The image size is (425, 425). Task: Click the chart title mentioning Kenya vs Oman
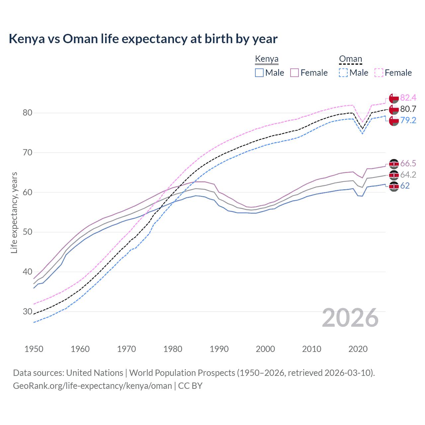pyautogui.click(x=143, y=39)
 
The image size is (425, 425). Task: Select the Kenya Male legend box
pyautogui.click(x=259, y=73)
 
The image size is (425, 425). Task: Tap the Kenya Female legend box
pyautogui.click(x=295, y=73)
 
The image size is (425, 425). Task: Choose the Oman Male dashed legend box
pyautogui.click(x=343, y=73)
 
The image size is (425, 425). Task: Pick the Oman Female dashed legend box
pyautogui.click(x=379, y=73)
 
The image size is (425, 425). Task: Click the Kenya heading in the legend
pyautogui.click(x=267, y=59)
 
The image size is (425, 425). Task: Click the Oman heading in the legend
pyautogui.click(x=350, y=59)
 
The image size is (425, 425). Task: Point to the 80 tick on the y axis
pyautogui.click(x=28, y=113)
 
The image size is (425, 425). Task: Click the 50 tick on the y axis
pyautogui.click(x=28, y=232)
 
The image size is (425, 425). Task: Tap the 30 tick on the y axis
pyautogui.click(x=28, y=312)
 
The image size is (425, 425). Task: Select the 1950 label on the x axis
pyautogui.click(x=34, y=349)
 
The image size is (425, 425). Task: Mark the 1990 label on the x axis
pyautogui.click(x=219, y=349)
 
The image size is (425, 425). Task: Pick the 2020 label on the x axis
pyautogui.click(x=358, y=349)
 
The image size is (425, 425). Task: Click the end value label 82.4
pyautogui.click(x=408, y=98)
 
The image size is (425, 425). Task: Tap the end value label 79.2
pyautogui.click(x=408, y=120)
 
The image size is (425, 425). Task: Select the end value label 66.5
pyautogui.click(x=408, y=163)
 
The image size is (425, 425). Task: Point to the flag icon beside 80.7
pyautogui.click(x=394, y=109)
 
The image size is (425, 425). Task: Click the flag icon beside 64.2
pyautogui.click(x=394, y=175)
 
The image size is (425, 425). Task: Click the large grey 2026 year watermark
pyautogui.click(x=350, y=318)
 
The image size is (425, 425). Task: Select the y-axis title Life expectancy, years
pyautogui.click(x=14, y=212)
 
